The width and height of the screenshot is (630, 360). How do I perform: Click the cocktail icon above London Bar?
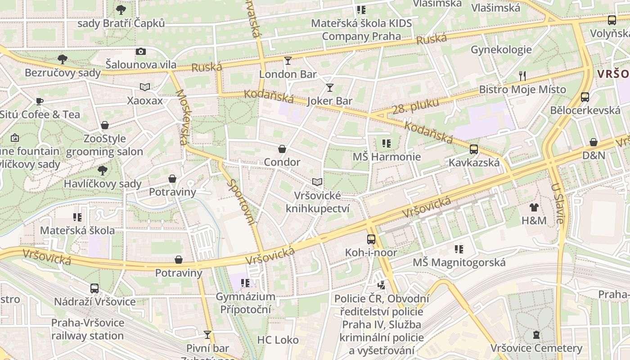(288, 60)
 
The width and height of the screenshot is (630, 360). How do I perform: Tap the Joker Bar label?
(329, 101)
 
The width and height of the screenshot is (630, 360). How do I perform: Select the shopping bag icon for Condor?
(282, 148)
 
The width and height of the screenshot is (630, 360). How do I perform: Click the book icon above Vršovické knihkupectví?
(317, 182)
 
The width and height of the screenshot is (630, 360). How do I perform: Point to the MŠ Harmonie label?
(387, 157)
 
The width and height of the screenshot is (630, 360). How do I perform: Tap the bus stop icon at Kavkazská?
(474, 149)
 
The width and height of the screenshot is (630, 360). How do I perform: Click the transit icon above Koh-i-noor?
(371, 239)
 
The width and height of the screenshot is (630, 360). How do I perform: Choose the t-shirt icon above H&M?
(534, 207)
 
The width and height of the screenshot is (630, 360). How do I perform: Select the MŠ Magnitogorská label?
(459, 262)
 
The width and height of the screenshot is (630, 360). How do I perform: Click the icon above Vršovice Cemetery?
(536, 334)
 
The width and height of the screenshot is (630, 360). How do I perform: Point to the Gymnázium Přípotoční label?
(245, 303)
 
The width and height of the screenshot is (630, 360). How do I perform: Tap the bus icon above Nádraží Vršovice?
(94, 288)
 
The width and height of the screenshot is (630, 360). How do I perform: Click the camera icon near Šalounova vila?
(141, 51)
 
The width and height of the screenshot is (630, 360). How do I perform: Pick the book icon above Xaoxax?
(144, 87)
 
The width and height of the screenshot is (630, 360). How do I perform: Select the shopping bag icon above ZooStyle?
(105, 125)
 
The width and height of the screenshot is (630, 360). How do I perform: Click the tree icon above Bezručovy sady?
(63, 59)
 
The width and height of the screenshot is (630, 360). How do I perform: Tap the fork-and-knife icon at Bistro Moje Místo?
(522, 76)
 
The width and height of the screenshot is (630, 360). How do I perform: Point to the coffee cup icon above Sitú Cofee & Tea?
(40, 101)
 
